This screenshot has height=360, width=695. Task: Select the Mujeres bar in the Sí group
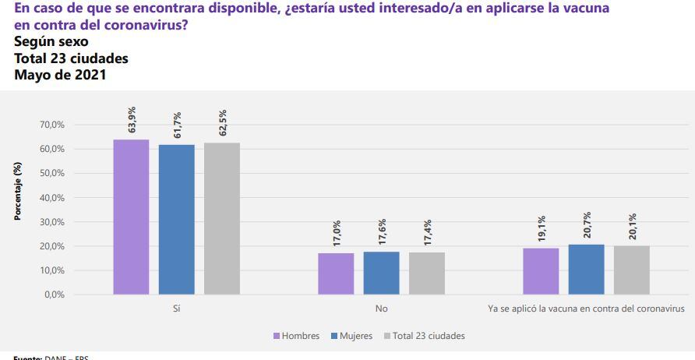176,219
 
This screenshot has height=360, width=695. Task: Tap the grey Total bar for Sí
221,218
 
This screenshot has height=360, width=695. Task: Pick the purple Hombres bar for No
336,274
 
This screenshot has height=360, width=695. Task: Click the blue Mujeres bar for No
381,273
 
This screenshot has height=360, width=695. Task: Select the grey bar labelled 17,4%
426,274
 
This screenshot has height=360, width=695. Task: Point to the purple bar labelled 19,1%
541,271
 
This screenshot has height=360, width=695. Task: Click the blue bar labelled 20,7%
586,270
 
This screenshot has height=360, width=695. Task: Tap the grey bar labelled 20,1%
631,270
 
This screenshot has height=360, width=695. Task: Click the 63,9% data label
131,122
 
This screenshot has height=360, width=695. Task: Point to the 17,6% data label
381,234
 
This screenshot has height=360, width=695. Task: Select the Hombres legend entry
296,336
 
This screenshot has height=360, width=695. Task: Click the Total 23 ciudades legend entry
425,336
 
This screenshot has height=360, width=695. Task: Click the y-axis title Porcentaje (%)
17,192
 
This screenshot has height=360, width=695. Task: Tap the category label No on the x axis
381,309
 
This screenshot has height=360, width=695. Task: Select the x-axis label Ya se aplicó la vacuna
586,309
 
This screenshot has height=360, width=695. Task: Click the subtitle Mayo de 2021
60,76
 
